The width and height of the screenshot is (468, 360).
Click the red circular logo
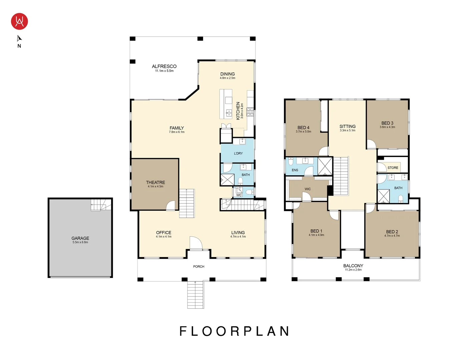19,21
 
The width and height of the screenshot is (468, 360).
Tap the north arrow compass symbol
19,39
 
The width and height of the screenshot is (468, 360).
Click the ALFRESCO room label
164,66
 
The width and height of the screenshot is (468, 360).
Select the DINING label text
227,74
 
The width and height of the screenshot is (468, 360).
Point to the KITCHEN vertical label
238,111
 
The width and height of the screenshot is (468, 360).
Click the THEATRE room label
155,182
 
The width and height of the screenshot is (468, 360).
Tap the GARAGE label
80,238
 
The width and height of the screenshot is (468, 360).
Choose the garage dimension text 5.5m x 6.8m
80,242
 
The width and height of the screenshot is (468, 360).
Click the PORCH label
198,267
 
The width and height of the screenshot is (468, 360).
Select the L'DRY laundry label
238,153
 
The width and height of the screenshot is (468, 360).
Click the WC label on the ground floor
239,195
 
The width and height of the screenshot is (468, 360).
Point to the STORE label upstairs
393,168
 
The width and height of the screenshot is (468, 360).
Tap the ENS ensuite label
295,170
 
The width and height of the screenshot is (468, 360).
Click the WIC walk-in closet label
308,189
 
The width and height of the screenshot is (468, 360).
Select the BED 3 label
387,123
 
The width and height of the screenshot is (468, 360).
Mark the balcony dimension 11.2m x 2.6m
353,270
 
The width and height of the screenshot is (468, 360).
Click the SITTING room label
348,126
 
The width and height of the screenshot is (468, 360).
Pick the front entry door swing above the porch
195,243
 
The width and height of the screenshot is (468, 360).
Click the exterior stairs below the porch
195,295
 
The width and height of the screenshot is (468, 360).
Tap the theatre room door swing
170,205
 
